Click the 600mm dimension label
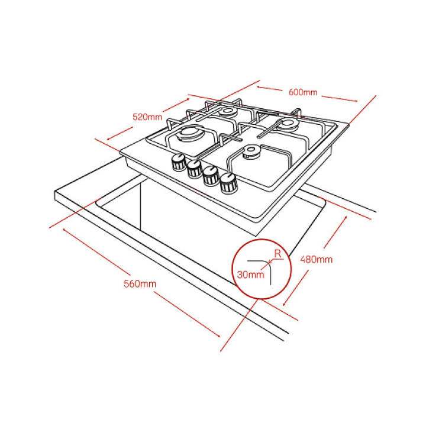pos(304,92)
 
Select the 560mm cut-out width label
pos(140,283)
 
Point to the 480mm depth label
pos(317,259)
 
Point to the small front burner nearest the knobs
pos(251,153)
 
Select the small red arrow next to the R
pos(270,260)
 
